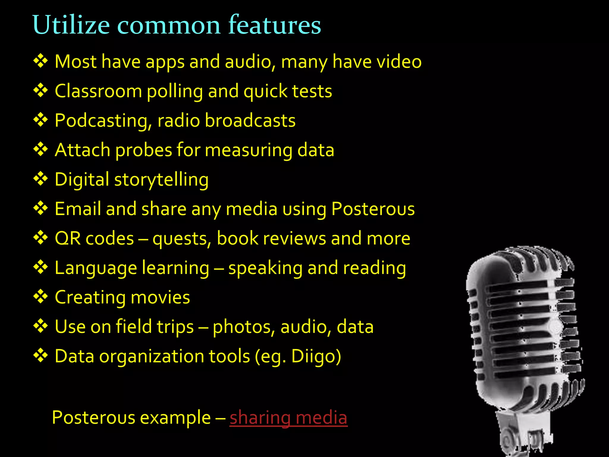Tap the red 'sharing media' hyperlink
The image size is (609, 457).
point(288,417)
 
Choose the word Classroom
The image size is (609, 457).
point(98,91)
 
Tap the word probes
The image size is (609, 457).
point(143,150)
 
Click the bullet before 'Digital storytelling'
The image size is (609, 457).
point(40,179)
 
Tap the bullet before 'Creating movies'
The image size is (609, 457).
point(40,297)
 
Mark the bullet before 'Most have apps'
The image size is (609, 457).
point(40,61)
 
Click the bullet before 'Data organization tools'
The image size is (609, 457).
point(40,356)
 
